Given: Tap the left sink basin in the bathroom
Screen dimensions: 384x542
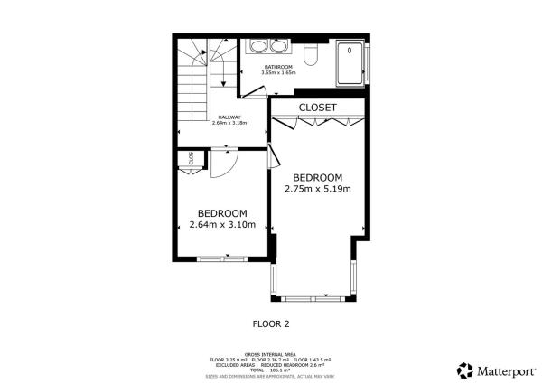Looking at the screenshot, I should coord(257,48).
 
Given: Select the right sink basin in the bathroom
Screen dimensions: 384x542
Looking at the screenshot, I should coord(277,48).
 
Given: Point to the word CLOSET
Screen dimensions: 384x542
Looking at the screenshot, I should coord(317,108).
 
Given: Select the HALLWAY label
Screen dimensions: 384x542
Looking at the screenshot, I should coord(229,117).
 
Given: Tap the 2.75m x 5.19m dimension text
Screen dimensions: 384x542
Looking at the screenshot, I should coord(317,189).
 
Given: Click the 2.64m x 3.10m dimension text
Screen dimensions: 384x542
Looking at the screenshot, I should coord(221,225).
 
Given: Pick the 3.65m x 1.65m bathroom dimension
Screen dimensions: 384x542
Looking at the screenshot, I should coord(278,73).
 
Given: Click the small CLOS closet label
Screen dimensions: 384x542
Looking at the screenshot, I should coord(192,158).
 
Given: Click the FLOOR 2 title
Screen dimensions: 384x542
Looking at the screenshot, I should coord(270,322).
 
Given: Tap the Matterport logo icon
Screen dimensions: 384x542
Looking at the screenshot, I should coord(464,370).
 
